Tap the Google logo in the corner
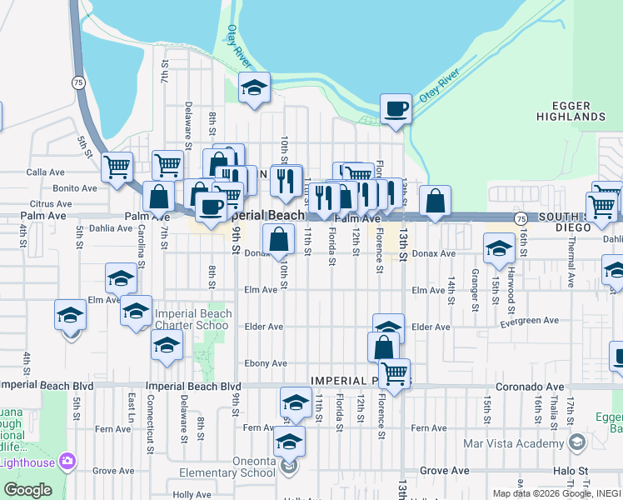(27, 490)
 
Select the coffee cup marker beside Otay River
(396, 109)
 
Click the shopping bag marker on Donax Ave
(278, 240)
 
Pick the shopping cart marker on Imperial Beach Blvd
(394, 372)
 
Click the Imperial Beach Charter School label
(192, 320)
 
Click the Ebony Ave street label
(267, 363)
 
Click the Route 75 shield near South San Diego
(521, 217)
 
